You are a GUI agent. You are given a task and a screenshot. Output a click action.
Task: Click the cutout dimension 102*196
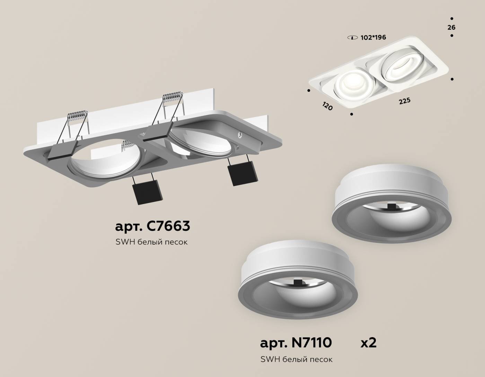tap(373, 37)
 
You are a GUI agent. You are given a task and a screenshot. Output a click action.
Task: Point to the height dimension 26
tap(451, 27)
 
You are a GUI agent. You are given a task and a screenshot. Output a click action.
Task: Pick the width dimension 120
tap(327, 106)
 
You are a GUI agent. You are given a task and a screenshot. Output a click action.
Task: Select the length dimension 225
tap(404, 101)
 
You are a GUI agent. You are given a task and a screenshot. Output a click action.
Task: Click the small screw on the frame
tap(239, 134)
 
